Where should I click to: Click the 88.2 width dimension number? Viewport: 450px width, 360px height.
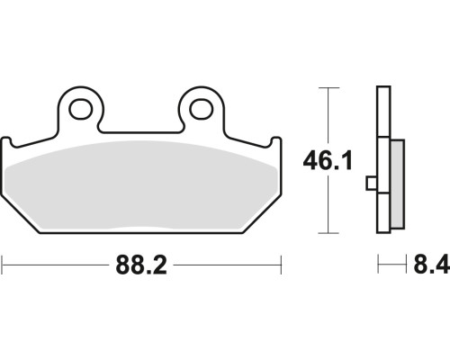pyautogui.click(x=141, y=265)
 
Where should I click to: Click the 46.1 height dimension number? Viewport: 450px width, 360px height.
pyautogui.click(x=328, y=160)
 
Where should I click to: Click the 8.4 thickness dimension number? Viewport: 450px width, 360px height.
pyautogui.click(x=431, y=265)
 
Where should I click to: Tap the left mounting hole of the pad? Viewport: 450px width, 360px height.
pyautogui.click(x=80, y=108)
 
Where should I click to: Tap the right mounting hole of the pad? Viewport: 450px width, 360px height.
pyautogui.click(x=201, y=108)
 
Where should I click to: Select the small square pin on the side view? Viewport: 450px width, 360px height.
pyautogui.click(x=372, y=184)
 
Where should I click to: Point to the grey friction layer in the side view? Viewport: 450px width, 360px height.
pyautogui.click(x=398, y=184)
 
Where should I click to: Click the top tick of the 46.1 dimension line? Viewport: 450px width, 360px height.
pyautogui.click(x=328, y=88)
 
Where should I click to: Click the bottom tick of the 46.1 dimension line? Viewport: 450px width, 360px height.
pyautogui.click(x=328, y=233)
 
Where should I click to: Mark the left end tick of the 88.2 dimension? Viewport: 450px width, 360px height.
pyautogui.click(x=3, y=265)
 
